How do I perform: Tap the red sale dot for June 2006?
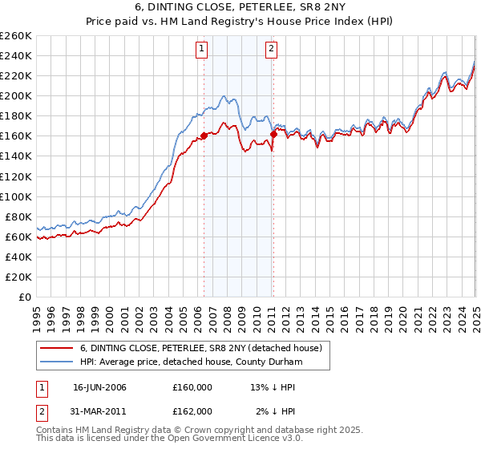(x=204, y=136)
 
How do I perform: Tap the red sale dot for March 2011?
(x=273, y=134)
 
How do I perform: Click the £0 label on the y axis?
(x=24, y=297)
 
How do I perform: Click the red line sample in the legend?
(x=57, y=348)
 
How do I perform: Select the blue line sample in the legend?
(x=57, y=362)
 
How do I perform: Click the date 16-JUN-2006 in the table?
(x=99, y=387)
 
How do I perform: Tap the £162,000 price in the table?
(x=192, y=411)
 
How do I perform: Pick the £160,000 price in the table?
(x=192, y=387)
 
